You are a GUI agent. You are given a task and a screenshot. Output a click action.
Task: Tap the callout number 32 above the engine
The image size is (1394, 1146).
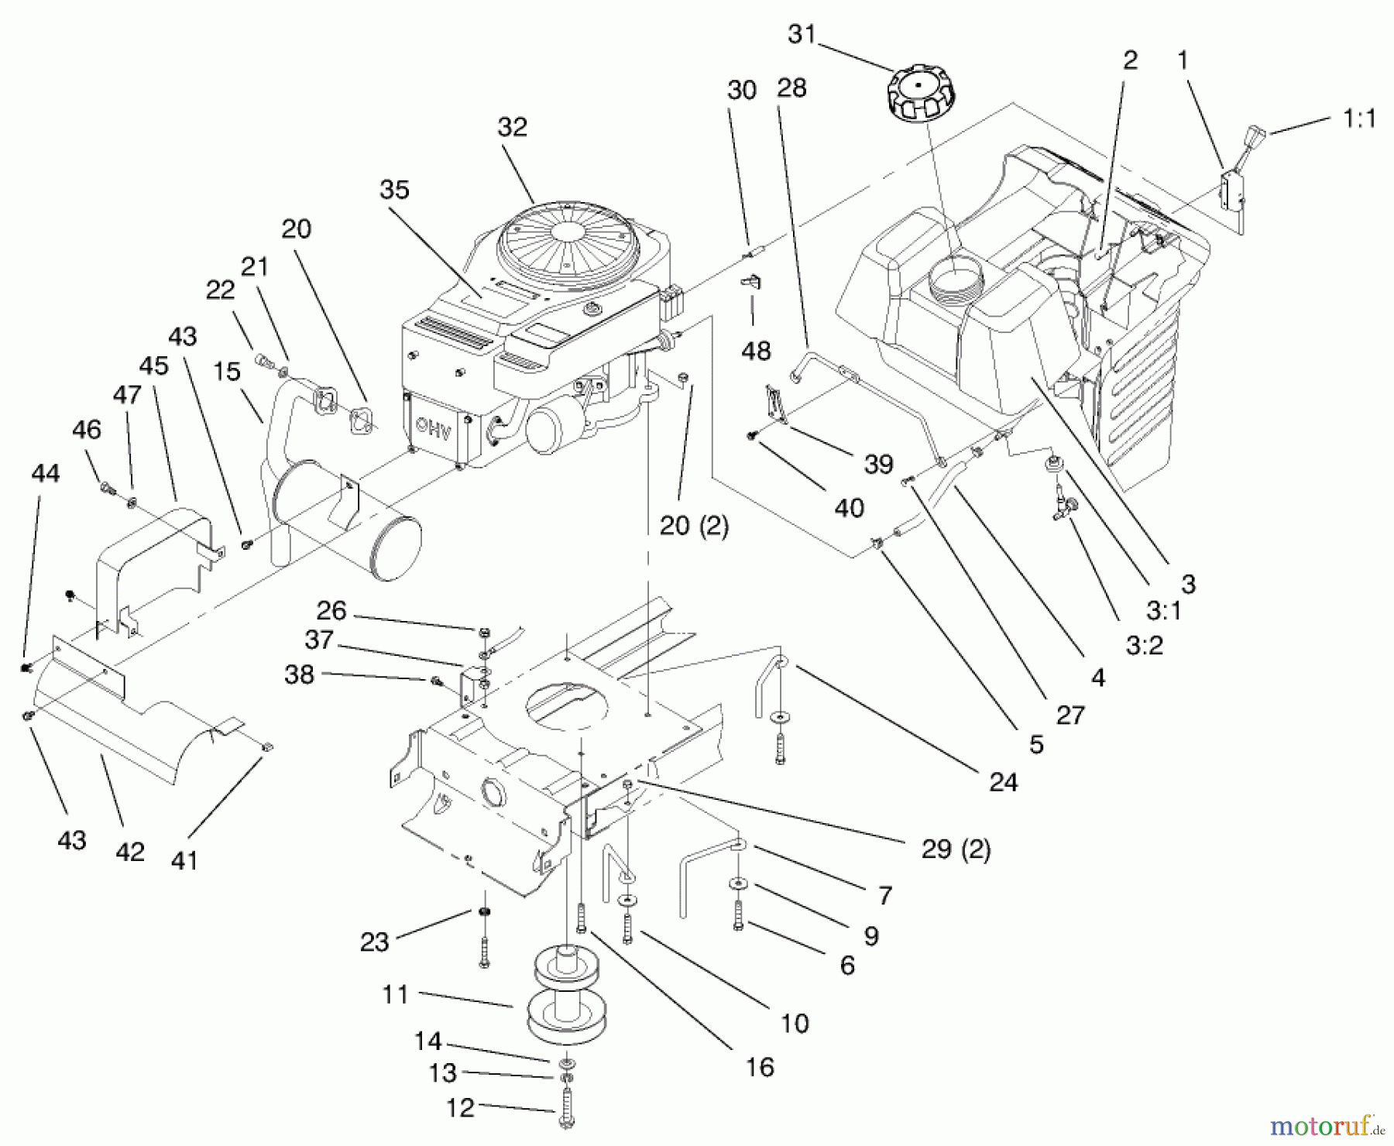click(x=512, y=127)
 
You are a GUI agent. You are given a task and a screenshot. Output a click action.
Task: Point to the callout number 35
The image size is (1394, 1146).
click(x=394, y=190)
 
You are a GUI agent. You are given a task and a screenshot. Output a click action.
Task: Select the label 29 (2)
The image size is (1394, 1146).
click(x=956, y=849)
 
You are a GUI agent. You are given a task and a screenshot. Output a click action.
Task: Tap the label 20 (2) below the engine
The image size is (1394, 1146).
click(x=694, y=526)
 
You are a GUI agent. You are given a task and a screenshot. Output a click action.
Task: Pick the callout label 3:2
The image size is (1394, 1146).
click(x=1144, y=645)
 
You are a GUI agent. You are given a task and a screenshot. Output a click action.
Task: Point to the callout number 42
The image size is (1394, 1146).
click(x=129, y=852)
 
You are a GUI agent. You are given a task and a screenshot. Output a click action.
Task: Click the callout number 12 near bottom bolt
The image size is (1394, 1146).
click(x=460, y=1107)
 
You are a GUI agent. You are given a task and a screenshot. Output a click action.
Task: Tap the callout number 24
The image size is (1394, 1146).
click(x=1003, y=782)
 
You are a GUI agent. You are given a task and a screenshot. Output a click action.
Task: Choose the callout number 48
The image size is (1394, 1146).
click(x=756, y=351)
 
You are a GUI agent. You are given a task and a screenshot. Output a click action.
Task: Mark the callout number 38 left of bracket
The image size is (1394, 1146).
click(x=300, y=674)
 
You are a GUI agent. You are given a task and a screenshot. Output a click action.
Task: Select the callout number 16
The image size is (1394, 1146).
click(x=760, y=1067)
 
